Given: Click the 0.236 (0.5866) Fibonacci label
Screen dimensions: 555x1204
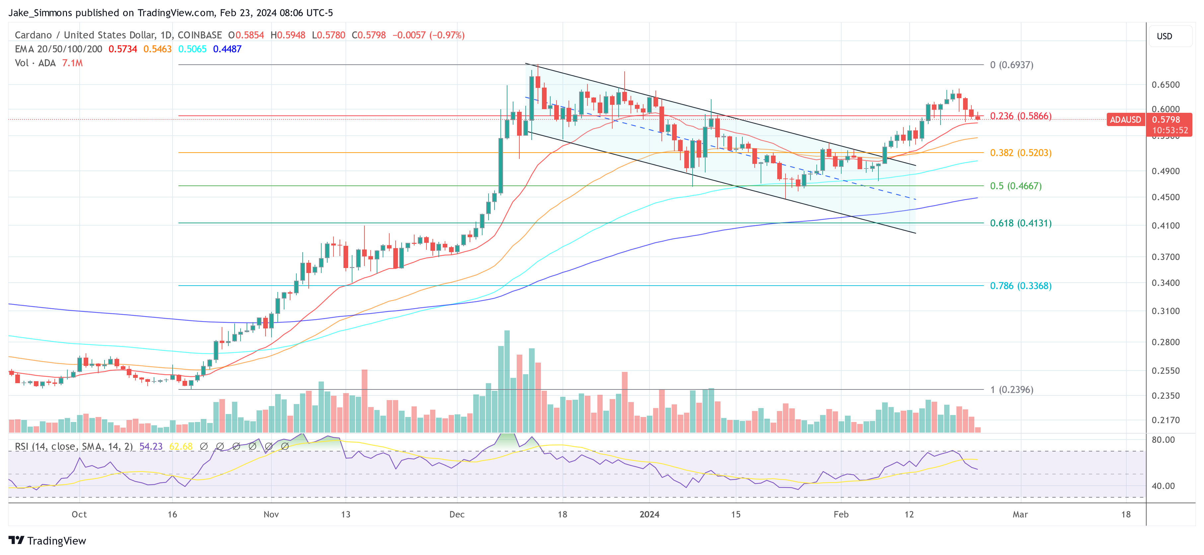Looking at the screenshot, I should point(1020,116).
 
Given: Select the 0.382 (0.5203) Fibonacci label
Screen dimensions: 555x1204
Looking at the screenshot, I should point(1020,153).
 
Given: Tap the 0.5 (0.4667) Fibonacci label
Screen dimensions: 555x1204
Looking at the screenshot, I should point(1015,186).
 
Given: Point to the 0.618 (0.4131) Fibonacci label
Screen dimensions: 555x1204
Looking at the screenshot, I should point(1020,223).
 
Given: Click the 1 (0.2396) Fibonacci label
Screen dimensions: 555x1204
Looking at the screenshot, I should point(1012,389).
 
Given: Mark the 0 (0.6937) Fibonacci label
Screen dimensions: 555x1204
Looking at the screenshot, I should point(1012,65).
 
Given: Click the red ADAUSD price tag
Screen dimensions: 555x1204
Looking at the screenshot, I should point(1125,120).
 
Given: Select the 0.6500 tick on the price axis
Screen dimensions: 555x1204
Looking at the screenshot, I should point(1165,85).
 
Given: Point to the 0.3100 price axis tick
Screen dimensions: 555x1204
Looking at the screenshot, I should point(1165,311).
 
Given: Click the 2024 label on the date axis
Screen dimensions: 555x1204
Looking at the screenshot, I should point(649,514).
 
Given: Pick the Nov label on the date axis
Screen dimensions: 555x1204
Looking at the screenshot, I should point(271,514).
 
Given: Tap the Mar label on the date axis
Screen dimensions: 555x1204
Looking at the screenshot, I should point(1020,514).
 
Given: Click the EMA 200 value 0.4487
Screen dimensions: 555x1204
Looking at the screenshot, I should point(227,49).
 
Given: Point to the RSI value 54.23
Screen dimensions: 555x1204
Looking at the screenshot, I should point(151,447).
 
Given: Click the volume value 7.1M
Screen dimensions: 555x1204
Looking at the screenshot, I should point(72,63).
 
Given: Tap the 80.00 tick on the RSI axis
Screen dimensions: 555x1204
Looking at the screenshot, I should point(1163,440).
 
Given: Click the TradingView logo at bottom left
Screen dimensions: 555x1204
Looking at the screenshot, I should point(47,540).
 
